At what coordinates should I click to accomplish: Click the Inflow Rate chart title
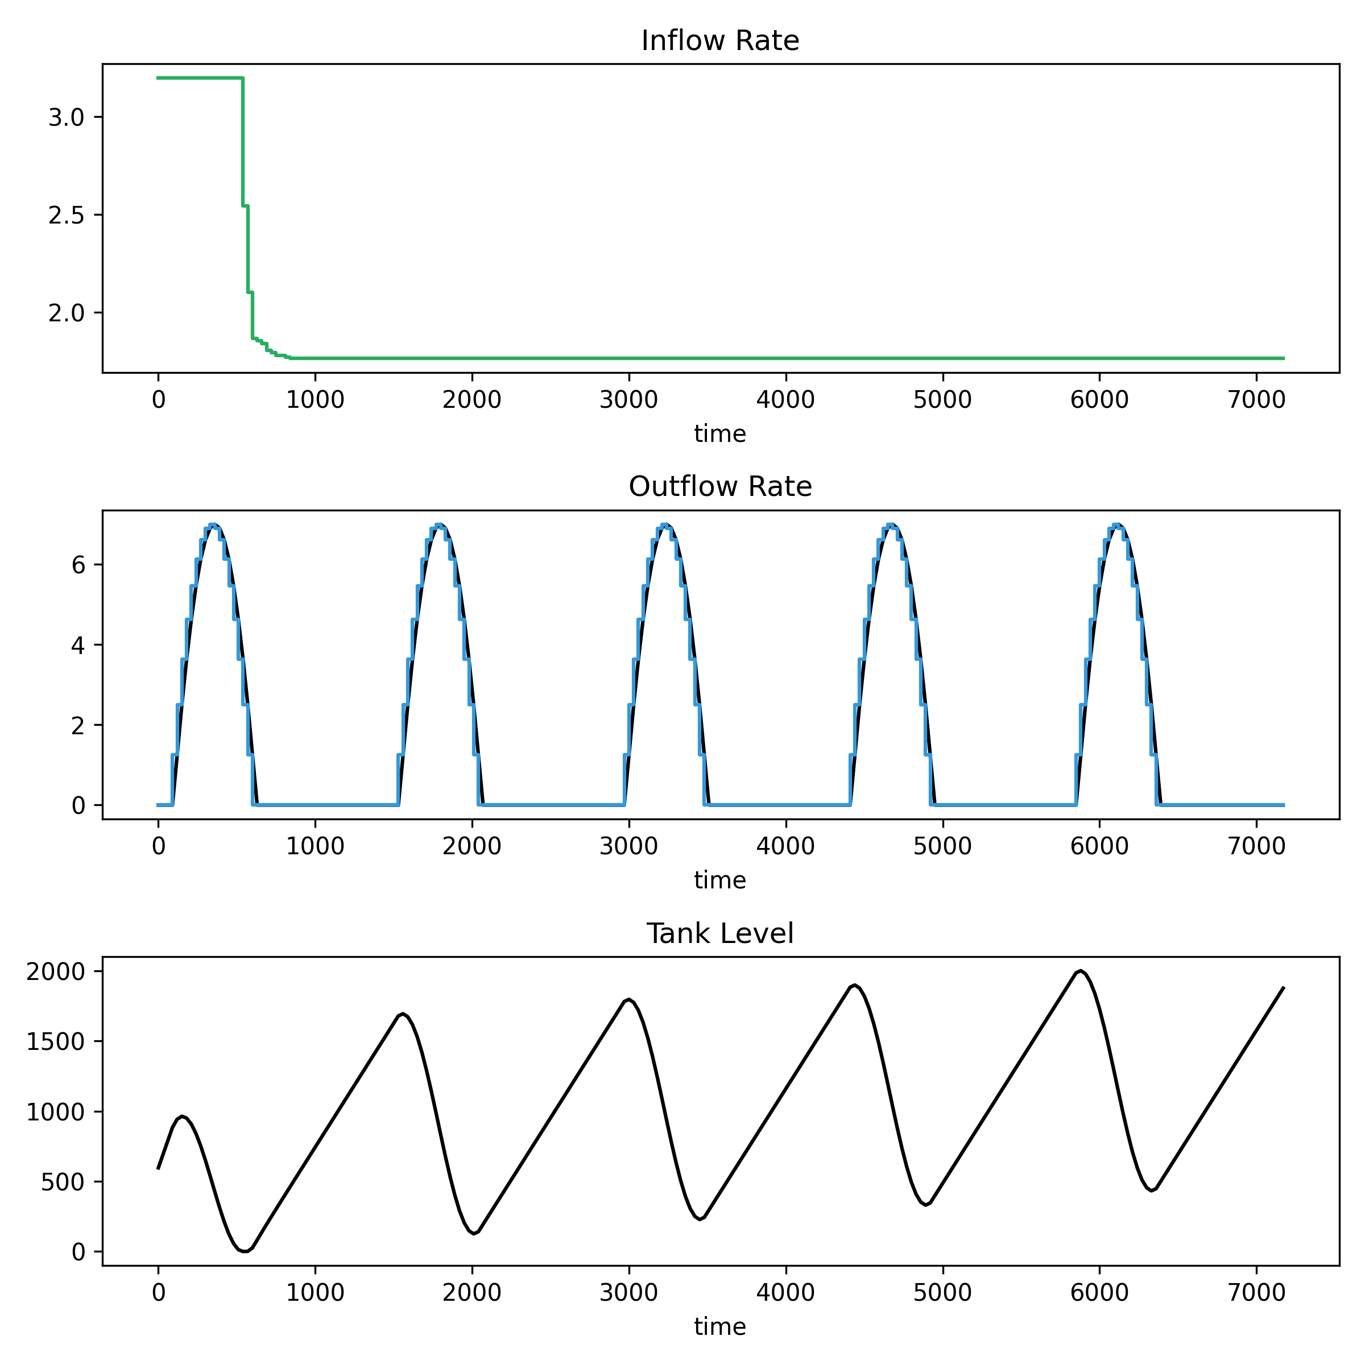[720, 41]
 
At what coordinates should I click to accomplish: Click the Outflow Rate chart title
[720, 487]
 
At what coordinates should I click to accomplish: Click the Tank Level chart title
[720, 934]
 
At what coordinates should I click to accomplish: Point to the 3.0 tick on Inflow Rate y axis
[67, 117]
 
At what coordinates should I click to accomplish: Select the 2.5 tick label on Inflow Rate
[67, 216]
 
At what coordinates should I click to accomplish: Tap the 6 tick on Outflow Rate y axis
[78, 565]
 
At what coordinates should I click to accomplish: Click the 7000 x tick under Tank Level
[1256, 1292]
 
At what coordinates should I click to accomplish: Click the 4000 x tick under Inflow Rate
[785, 400]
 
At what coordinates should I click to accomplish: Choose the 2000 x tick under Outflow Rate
[472, 846]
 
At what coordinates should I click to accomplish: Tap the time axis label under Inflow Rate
[720, 434]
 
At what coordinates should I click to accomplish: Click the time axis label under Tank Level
[720, 1326]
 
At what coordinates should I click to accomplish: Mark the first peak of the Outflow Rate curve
[213, 525]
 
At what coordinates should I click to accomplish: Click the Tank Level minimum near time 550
[245, 1251]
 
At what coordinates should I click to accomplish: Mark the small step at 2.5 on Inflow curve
[245, 205]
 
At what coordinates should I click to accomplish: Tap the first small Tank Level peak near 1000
[182, 1116]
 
